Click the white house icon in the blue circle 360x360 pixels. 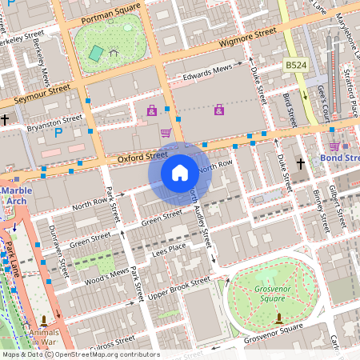(x=179, y=172)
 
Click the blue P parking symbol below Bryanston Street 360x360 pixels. (x=58, y=133)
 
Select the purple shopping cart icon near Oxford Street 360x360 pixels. (x=166, y=132)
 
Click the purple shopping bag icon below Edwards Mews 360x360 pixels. (x=218, y=109)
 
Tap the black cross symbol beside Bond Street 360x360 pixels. (x=301, y=164)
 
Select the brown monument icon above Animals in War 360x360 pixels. (x=43, y=320)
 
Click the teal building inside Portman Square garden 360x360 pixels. (x=96, y=54)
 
